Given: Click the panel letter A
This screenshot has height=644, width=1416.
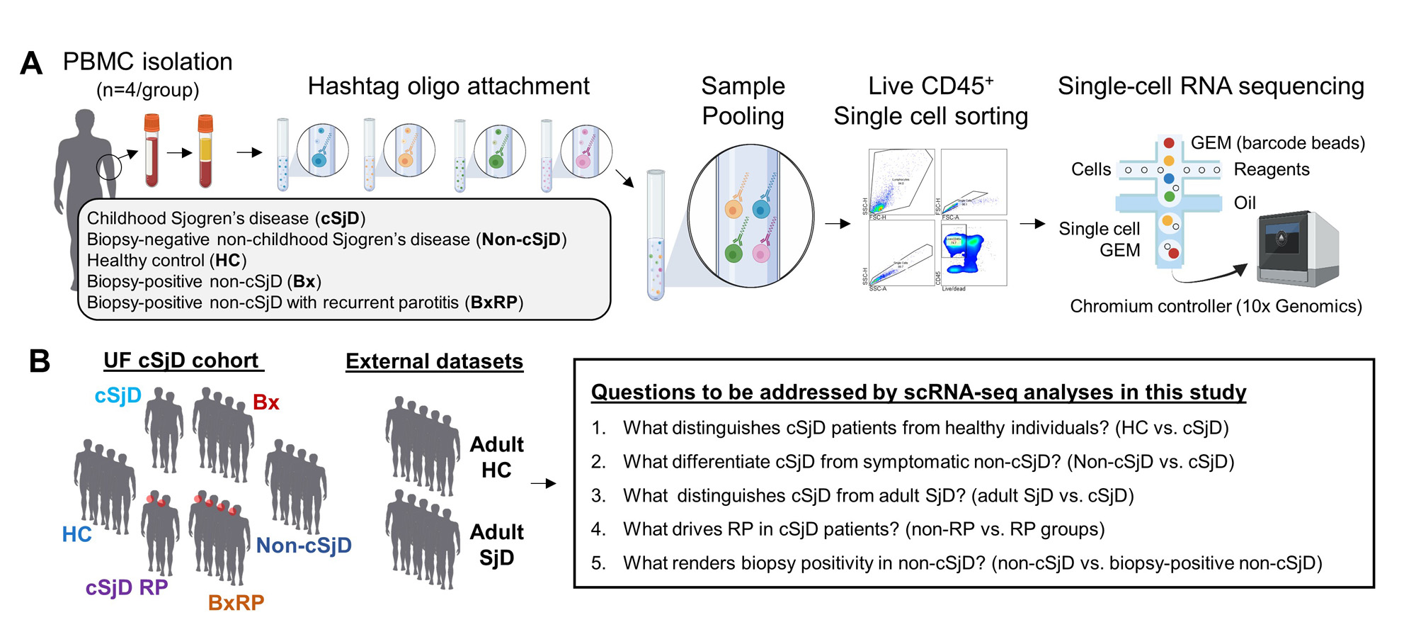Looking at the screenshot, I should (31, 63).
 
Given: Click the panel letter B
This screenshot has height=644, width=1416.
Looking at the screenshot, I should (40, 361).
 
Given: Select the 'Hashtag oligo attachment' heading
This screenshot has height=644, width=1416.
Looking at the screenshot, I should (448, 86).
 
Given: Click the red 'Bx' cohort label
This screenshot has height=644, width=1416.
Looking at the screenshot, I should (265, 402).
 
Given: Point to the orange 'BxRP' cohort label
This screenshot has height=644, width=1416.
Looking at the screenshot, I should (236, 602).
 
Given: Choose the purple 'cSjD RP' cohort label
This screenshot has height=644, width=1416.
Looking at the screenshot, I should (127, 587).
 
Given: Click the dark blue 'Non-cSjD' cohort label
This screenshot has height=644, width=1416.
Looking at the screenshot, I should (304, 545).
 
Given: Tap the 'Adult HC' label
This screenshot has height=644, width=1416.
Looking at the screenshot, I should (496, 457).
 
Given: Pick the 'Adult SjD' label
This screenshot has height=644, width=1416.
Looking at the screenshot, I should (496, 545).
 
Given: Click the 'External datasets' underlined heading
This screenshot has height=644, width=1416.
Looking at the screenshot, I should (434, 361).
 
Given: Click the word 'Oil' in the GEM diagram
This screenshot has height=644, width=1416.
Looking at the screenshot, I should (1245, 203).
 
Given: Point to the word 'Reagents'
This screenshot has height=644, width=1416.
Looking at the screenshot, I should (1271, 169).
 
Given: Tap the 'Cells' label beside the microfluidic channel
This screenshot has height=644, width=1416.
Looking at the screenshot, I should (1091, 169).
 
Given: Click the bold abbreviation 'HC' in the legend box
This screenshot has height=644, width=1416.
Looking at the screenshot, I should (227, 261).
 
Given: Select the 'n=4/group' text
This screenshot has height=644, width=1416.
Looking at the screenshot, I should (148, 90).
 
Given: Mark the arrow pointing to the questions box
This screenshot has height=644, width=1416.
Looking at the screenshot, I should (543, 484).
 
